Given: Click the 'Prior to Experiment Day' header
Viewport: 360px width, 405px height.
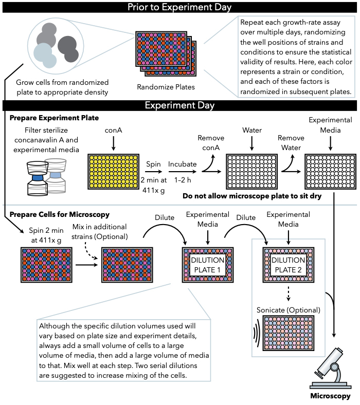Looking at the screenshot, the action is [x=179, y=7].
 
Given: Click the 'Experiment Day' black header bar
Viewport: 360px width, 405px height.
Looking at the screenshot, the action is [x=179, y=105].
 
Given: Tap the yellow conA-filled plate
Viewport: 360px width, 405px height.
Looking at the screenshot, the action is [x=114, y=172].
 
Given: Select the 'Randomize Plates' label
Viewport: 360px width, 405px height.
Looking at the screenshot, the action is [x=166, y=87].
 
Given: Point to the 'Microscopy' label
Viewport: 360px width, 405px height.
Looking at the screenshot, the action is [x=330, y=396].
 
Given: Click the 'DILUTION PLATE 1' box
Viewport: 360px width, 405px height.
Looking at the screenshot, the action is [x=208, y=265].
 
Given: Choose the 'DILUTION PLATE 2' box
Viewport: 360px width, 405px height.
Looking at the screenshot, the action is [x=289, y=265].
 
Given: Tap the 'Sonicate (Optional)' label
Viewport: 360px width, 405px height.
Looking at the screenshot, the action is [x=289, y=310].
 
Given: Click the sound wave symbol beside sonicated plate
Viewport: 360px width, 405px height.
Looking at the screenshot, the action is [x=256, y=333].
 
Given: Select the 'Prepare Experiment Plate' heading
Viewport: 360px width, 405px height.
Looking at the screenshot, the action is [x=55, y=118].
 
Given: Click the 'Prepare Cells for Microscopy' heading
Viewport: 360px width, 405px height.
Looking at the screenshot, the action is [x=60, y=214].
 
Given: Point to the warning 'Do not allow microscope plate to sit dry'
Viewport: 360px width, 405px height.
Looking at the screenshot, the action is [x=252, y=196].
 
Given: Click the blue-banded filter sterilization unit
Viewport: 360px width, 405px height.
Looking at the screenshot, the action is [x=38, y=178].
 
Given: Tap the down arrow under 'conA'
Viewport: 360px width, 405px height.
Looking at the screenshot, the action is [x=113, y=143].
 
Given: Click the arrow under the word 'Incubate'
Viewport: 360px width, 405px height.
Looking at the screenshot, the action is [x=182, y=172].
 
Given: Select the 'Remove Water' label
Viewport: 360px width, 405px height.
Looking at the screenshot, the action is [x=291, y=143].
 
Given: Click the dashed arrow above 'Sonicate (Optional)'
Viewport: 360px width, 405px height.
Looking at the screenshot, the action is [x=289, y=293].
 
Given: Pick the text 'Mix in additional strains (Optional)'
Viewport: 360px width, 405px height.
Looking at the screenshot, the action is [x=99, y=232].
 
